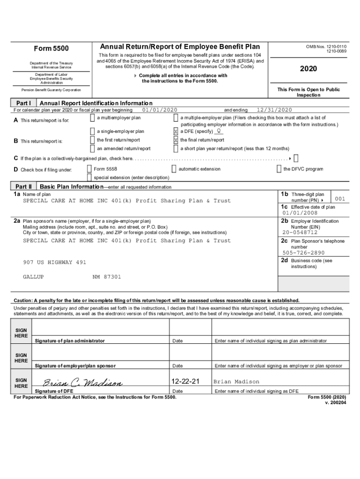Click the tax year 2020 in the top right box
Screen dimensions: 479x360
pos(308,69)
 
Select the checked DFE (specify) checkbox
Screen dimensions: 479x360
pos(176,131)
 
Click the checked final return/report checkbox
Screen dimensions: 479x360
pos(176,140)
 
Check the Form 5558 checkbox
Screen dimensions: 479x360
pos(89,169)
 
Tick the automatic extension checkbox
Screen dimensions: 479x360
pos(174,169)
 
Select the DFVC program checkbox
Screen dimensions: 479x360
pos(279,169)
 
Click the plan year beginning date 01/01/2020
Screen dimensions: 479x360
pos(159,110)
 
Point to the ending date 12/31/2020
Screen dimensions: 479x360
pos(274,110)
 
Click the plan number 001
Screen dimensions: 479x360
pos(340,199)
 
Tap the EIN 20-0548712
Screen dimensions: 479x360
pos(300,232)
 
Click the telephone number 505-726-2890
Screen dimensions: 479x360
pos(303,253)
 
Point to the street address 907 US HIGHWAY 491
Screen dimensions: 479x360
pos(55,262)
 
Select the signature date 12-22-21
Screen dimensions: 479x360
pos(186,382)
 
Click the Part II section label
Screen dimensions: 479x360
pos(23,186)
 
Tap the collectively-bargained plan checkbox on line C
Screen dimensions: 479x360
pos(296,159)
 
